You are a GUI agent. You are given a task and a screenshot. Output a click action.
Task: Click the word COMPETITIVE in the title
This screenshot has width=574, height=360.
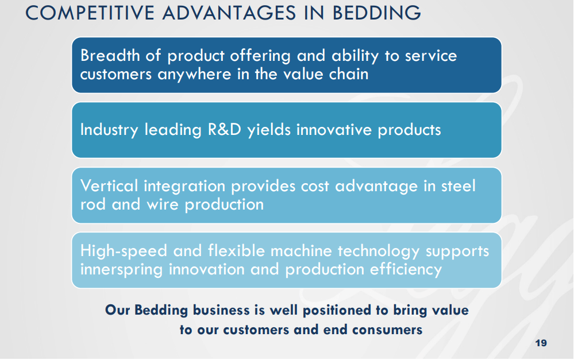pos(90,13)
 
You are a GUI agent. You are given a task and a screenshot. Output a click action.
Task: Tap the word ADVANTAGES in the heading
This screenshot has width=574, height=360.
pos(229,13)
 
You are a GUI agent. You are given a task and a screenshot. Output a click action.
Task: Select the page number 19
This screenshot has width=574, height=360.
pos(541,343)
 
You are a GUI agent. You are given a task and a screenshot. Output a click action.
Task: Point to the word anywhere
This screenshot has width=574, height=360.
pos(194,75)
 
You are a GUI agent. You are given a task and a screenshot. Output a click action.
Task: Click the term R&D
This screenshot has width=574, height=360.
pos(225,130)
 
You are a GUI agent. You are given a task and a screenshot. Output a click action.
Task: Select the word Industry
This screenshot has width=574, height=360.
pos(109,130)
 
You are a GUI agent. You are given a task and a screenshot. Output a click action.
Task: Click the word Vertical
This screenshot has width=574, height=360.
pos(109,186)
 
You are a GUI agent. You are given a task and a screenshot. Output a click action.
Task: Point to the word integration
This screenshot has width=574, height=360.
pos(184,187)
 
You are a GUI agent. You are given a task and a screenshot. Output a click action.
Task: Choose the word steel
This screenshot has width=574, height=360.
pos(458,186)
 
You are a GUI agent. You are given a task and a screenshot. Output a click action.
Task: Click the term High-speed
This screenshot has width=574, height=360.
pos(124,251)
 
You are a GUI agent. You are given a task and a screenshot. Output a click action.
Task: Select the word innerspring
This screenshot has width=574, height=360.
pos(121,270)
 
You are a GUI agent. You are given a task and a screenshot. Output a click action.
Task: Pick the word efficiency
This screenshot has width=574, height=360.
pos(406,270)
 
